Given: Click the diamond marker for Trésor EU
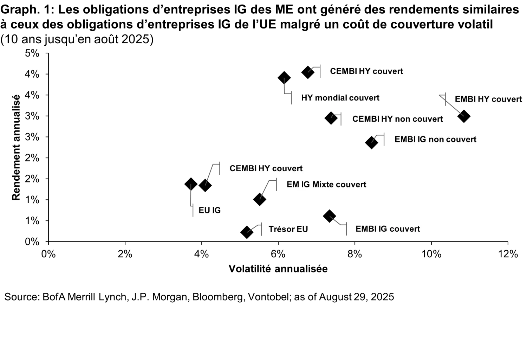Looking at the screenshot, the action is pos(247,232).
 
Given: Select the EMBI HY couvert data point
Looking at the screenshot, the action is pos(464,116).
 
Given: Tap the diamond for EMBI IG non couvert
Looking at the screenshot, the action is pos(371,142).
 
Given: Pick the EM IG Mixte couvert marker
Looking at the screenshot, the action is pos(260,199).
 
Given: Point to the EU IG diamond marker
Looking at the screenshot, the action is pos(190,184).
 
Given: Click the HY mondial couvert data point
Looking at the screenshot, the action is pos(284,78).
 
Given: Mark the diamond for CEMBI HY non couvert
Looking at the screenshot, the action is pos(331,118).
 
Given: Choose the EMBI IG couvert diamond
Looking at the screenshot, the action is pos(329,216).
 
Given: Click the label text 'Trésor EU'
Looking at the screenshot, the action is pos(288,229).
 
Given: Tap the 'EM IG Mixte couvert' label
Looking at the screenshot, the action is pos(326,184).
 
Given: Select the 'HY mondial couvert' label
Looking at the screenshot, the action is pos(340,98).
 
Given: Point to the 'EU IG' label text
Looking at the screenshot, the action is pos(210,210).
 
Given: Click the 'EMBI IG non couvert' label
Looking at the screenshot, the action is pos(435,139).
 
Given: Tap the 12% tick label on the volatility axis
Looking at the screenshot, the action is pos(508,254).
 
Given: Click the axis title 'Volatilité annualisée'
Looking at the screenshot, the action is pos(278,269).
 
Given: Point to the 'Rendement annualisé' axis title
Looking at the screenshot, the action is pos(16,147).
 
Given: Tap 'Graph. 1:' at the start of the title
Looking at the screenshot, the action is pos(27,10).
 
